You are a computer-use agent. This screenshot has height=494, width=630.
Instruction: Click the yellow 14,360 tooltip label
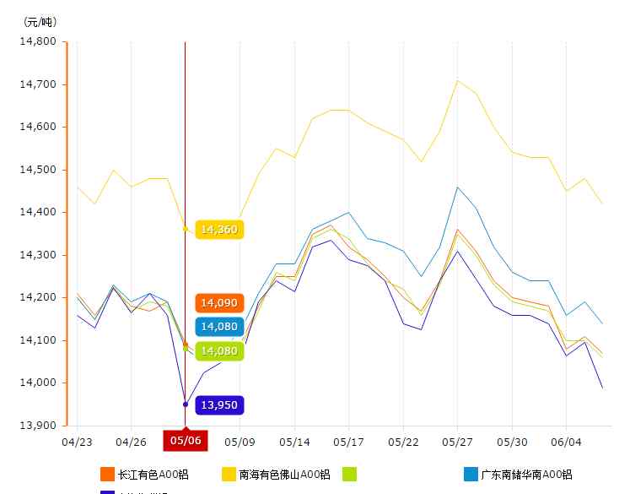pos(219,230)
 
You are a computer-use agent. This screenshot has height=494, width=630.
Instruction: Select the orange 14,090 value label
pos(219,302)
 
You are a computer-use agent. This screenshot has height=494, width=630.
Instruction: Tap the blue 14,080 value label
pos(219,327)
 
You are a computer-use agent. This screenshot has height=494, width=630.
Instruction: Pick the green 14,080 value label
pos(219,350)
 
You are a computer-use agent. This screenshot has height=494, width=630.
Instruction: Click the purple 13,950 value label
pos(219,406)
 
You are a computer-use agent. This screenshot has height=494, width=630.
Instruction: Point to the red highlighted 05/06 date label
pos(186,440)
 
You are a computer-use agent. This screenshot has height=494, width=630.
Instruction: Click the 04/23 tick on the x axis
pos(78,441)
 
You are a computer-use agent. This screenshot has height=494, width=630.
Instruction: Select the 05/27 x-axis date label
pos(457,441)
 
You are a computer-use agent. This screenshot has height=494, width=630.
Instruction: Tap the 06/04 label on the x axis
pos(565,441)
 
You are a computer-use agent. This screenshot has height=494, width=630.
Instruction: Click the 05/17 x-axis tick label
pos(348,441)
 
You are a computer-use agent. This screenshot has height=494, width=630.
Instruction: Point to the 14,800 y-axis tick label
pos(39,41)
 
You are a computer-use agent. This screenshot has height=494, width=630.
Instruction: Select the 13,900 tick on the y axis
pos(39,426)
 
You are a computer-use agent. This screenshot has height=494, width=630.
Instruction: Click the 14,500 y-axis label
pos(39,170)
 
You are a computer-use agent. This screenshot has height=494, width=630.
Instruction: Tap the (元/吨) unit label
pos(39,21)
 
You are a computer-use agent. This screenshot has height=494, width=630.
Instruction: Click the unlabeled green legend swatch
pos(349,475)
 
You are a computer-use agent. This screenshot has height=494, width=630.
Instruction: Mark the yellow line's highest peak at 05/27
pos(457,80)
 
